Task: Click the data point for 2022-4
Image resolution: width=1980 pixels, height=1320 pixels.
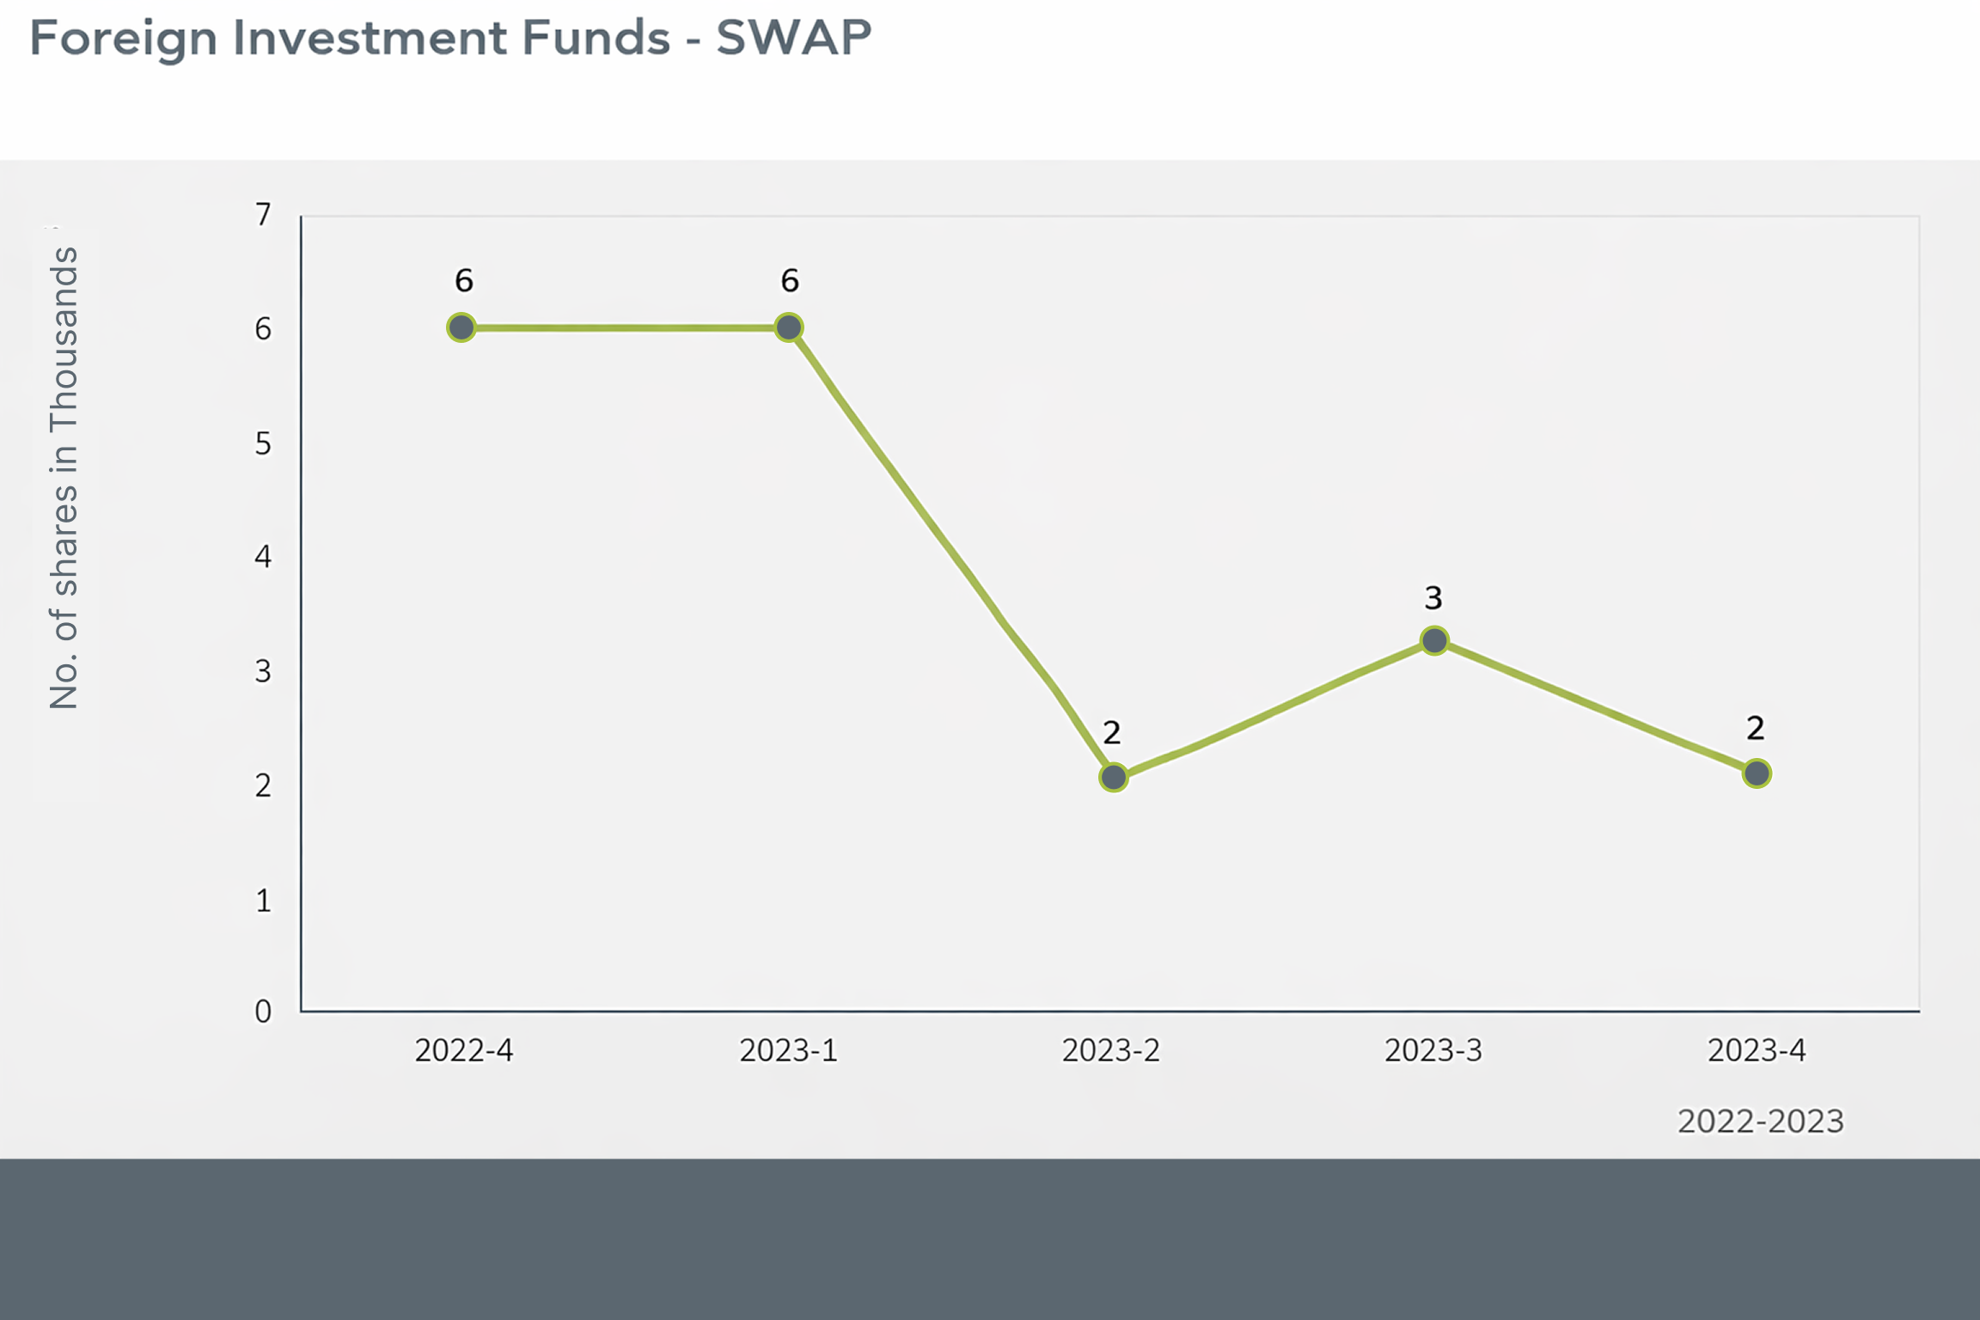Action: tap(461, 327)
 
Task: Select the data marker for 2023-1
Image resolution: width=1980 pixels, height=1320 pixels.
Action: tap(789, 327)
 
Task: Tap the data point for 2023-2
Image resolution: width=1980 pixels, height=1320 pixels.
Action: tap(1114, 777)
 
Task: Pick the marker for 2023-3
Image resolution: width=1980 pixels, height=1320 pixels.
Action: tap(1434, 640)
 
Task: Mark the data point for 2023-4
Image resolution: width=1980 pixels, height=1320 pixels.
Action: tap(1757, 773)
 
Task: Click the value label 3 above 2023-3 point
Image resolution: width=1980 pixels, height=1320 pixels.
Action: tap(1433, 597)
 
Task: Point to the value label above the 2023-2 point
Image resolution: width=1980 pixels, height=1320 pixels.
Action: tap(1112, 733)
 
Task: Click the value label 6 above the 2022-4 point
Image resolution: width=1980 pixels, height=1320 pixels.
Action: tap(464, 280)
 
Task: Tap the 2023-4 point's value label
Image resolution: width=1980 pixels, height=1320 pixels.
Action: tap(1756, 729)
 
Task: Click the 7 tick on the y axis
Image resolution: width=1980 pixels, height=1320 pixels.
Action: tap(263, 214)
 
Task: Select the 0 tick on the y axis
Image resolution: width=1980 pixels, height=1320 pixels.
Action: tap(263, 1011)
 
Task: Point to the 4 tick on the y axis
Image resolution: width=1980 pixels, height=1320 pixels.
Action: tap(263, 557)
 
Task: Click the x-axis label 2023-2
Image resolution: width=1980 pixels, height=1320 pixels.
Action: tap(1111, 1050)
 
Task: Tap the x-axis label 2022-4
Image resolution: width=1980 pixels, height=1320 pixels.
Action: tap(464, 1050)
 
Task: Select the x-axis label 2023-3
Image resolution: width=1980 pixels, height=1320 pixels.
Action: tap(1433, 1050)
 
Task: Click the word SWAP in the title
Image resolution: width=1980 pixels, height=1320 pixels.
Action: tap(794, 38)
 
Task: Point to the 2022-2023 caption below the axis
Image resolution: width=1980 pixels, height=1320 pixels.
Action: tap(1761, 1121)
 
